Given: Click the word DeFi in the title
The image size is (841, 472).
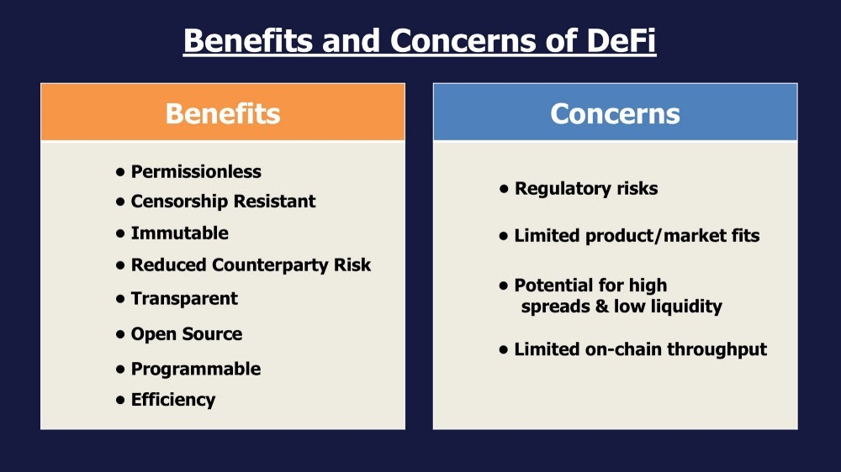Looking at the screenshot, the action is point(621,40).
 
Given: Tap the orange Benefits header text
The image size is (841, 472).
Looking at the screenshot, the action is point(223,113).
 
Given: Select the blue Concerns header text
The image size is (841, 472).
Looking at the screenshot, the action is point(616,113).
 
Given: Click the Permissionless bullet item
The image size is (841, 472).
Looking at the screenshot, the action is point(196,171).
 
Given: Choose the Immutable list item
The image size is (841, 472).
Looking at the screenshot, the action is point(180,233).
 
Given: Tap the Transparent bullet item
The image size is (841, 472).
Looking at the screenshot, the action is point(184,298).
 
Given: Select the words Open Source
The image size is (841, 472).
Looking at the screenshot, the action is point(187,333).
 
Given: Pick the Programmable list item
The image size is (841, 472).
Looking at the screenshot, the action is point(196,370).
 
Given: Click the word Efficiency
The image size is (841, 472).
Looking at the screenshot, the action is point(173,400).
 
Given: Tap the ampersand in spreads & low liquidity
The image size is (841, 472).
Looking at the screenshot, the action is point(602,307).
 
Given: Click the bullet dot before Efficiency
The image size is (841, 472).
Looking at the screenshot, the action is point(120,400).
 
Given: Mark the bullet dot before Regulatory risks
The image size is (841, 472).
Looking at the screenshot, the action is point(504,189).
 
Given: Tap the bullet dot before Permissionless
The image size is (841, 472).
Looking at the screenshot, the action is point(120,172).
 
